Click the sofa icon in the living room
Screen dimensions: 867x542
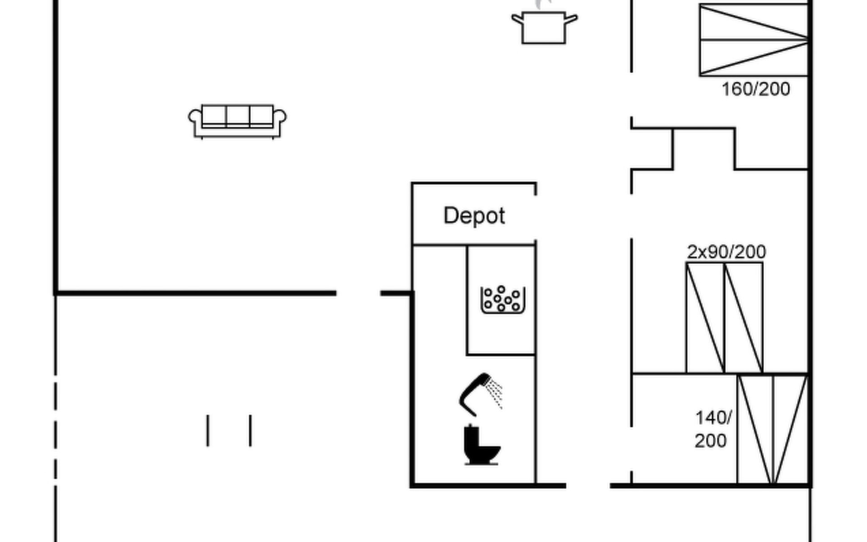(237, 121)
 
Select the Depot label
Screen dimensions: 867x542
(474, 216)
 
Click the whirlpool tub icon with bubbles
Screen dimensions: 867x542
(503, 299)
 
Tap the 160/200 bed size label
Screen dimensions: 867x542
(755, 89)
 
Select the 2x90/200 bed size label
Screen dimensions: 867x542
(726, 252)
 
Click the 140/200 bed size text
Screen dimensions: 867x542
(712, 429)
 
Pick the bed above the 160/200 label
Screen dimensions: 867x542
(754, 40)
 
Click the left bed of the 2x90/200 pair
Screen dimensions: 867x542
(705, 318)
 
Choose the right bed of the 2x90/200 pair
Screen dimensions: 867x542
(744, 318)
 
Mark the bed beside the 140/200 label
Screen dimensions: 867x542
(773, 430)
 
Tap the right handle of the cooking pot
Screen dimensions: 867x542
(571, 19)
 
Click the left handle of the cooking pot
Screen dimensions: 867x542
(517, 19)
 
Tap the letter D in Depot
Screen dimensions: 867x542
(450, 215)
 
